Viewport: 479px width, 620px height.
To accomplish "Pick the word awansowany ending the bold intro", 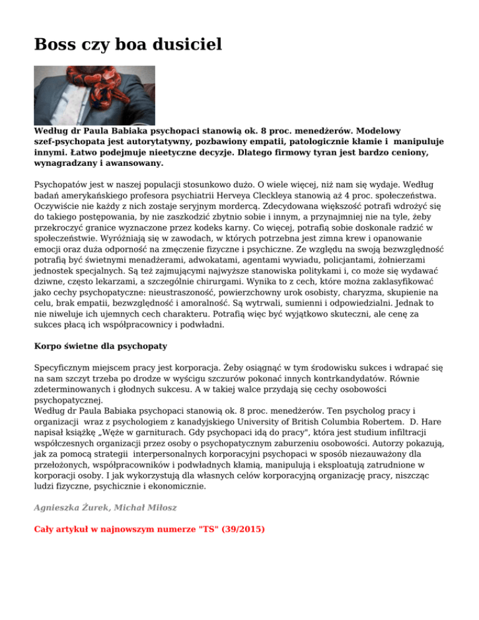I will pos(132,163).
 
